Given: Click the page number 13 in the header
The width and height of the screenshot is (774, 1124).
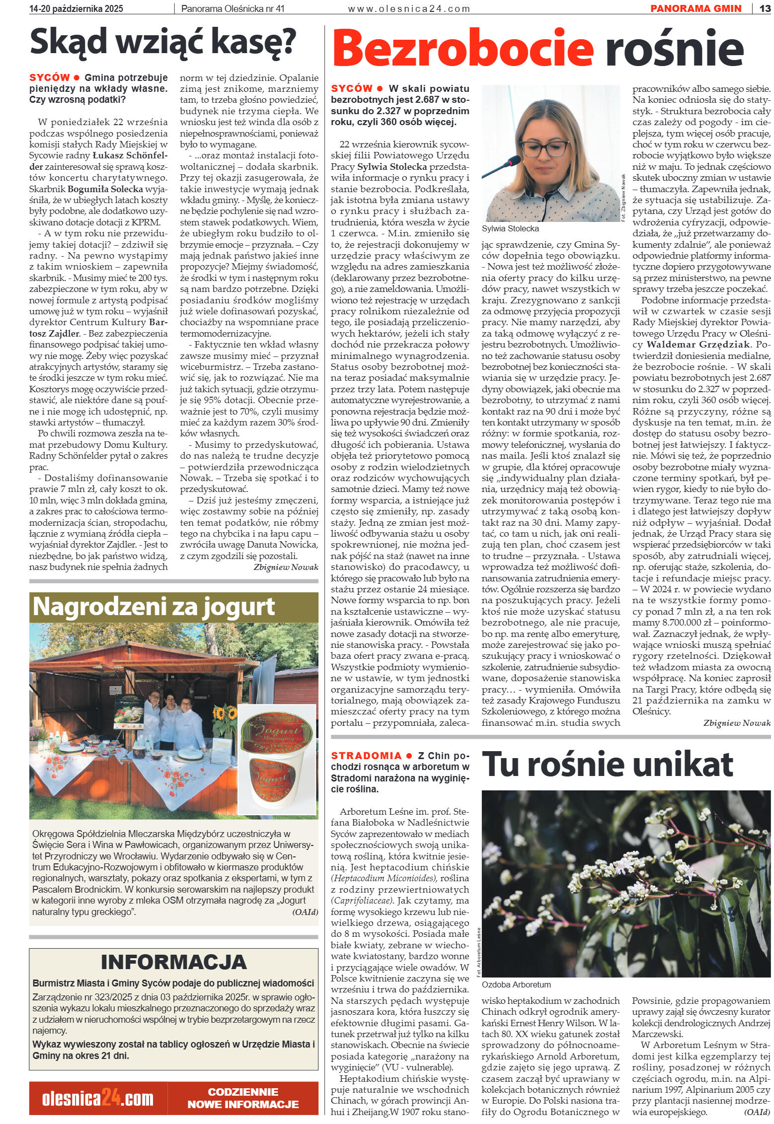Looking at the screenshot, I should point(765,8).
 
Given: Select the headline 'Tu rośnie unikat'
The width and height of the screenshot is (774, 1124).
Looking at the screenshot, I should point(608,765).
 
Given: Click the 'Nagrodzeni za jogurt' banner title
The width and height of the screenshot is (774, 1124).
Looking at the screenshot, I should point(154,606).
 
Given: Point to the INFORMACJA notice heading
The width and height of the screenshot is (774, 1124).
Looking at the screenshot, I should point(173,962).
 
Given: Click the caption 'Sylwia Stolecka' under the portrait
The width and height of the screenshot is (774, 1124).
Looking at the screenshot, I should point(510,229).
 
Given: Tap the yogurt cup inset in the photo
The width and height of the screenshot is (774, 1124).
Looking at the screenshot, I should point(276,762).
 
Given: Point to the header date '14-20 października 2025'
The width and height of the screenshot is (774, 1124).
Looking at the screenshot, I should point(77,8).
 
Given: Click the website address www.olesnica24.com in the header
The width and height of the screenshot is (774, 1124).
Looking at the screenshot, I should point(408,8).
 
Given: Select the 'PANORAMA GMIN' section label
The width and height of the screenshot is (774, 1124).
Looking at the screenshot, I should point(696,8).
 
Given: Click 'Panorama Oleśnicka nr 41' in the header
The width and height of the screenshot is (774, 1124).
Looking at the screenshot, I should point(233,8).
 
